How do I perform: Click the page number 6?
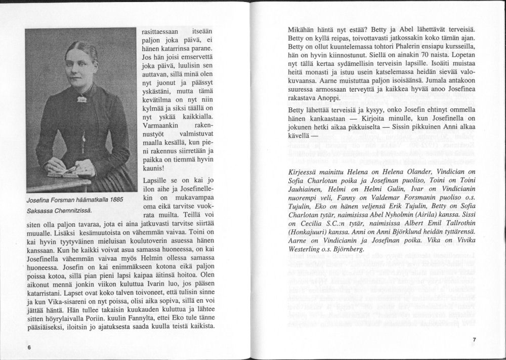tap(30, 348)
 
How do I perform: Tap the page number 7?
tap(474, 339)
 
